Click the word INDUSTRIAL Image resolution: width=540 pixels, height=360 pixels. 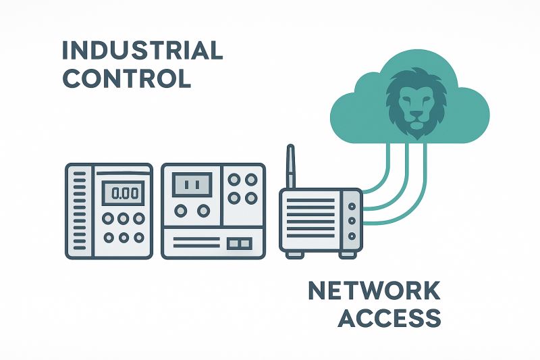[142, 51]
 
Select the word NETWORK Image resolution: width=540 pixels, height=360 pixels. [374, 291]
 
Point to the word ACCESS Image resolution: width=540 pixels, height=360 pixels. [390, 317]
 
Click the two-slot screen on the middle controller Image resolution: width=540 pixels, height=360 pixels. [192, 183]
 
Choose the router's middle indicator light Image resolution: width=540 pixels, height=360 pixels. [352, 221]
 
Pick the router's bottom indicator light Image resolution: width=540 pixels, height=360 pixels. [352, 236]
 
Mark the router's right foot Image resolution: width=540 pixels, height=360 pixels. [348, 255]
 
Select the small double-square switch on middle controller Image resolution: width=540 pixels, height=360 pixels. [239, 241]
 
